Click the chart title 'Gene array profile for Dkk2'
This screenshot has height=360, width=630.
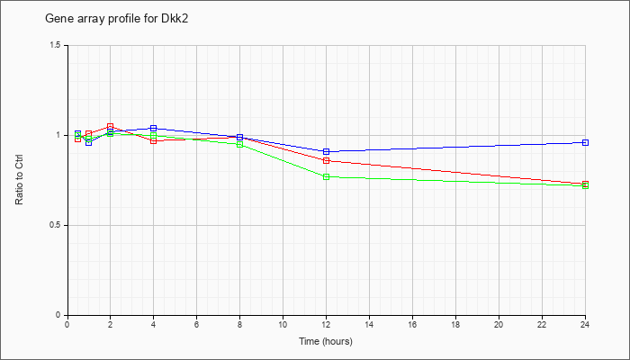tap(116, 19)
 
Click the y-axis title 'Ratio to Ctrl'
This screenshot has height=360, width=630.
tap(19, 180)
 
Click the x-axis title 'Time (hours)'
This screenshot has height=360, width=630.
tap(326, 341)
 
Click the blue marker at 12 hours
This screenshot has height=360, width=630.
tap(326, 151)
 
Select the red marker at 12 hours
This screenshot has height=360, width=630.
tap(326, 161)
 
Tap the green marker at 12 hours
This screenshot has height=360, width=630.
tap(326, 176)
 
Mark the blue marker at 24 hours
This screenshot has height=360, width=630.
tap(585, 142)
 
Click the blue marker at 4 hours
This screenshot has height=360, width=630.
tap(154, 128)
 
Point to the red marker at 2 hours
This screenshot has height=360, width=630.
tap(110, 127)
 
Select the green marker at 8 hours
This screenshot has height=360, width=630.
tap(240, 145)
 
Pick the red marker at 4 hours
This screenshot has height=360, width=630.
tap(154, 140)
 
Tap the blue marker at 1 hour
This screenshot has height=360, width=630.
tap(89, 142)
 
